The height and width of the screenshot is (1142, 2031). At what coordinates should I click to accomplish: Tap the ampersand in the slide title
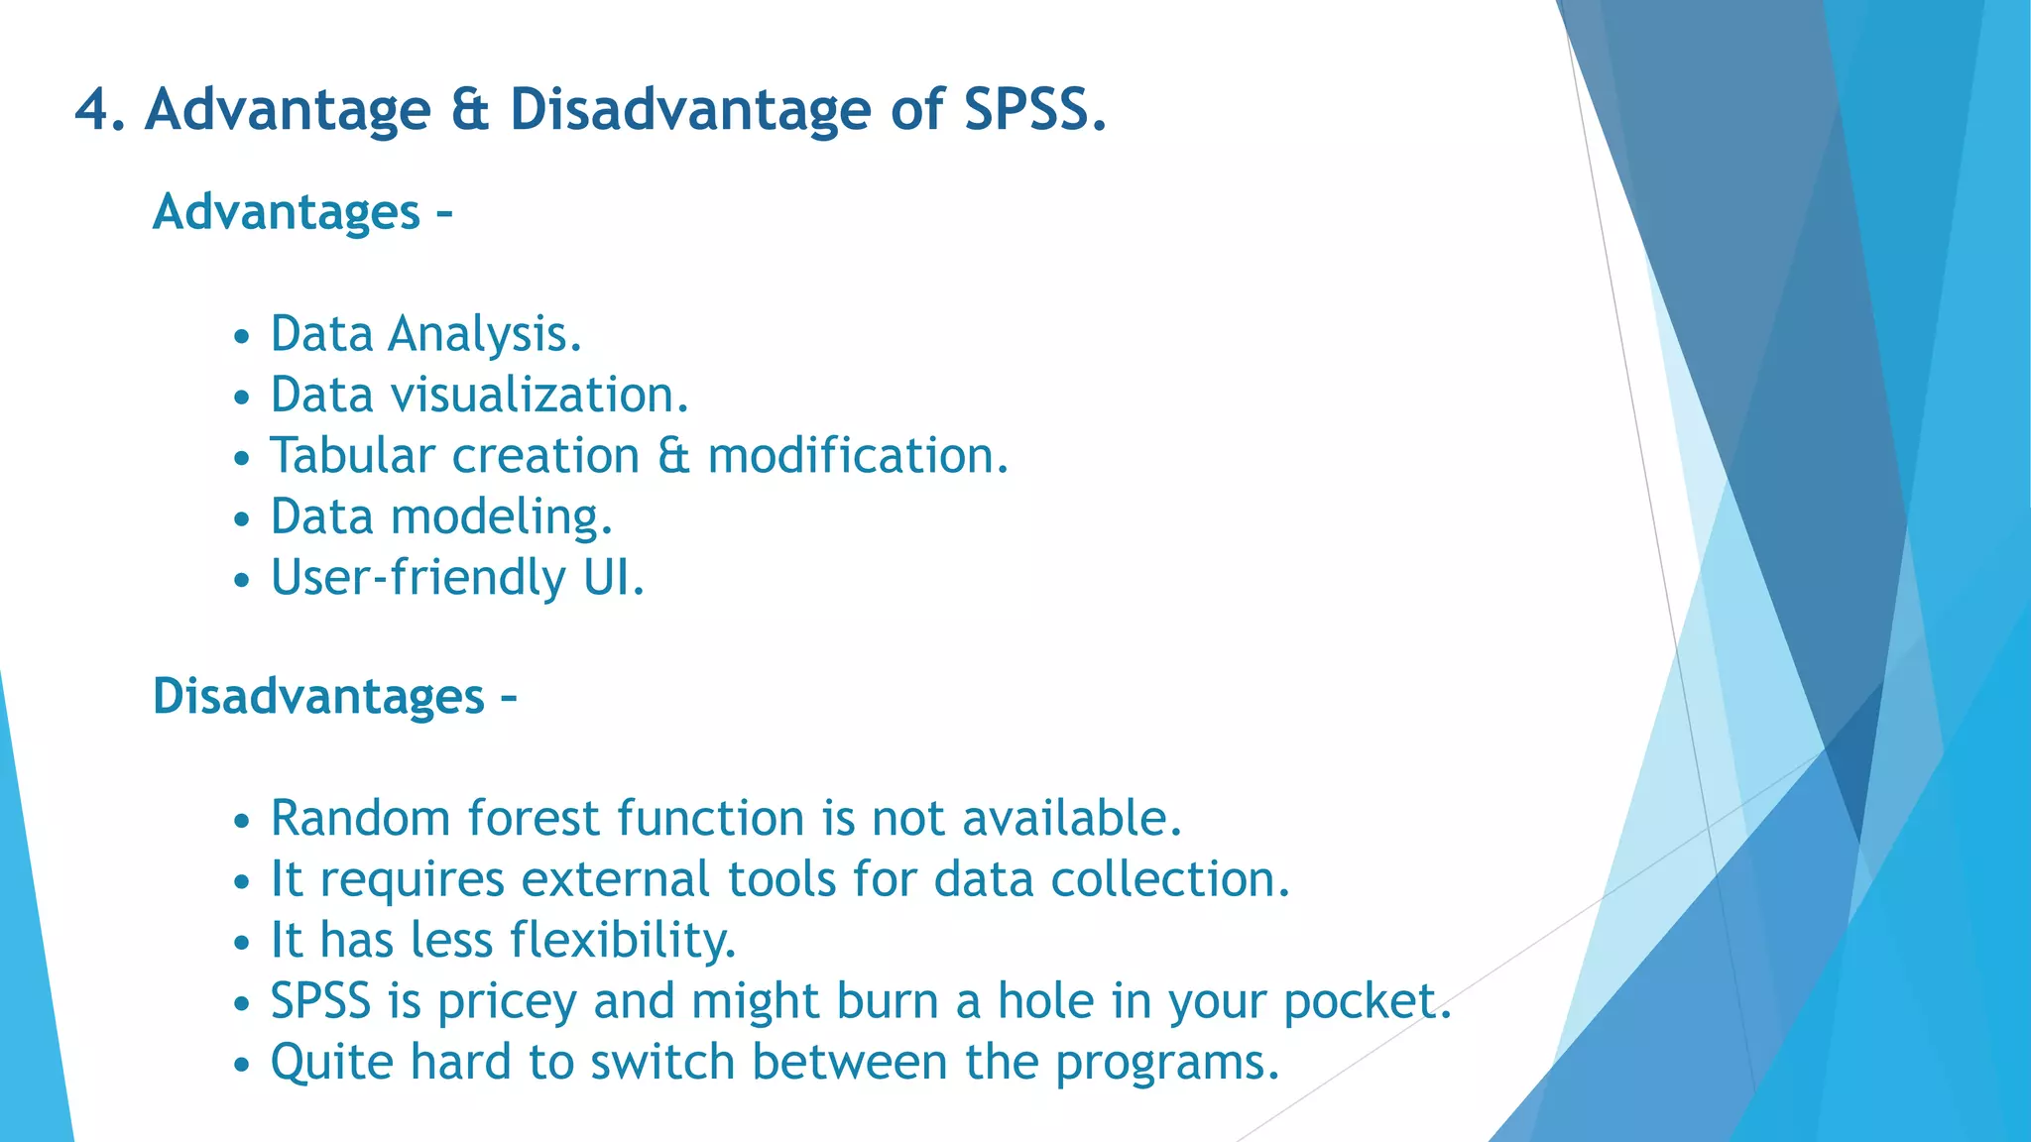point(470,109)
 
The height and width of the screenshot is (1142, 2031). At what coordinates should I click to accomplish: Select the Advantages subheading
point(287,212)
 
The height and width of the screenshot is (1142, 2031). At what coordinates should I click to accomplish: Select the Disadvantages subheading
point(318,696)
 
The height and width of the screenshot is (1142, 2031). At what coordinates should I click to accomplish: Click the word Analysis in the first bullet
point(483,334)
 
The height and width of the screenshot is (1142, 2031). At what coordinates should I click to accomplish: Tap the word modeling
point(500,517)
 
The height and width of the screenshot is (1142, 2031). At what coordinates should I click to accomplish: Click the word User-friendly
point(418,578)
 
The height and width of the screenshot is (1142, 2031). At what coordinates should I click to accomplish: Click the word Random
point(360,819)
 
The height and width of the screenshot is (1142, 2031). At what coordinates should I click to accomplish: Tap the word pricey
point(507,1002)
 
